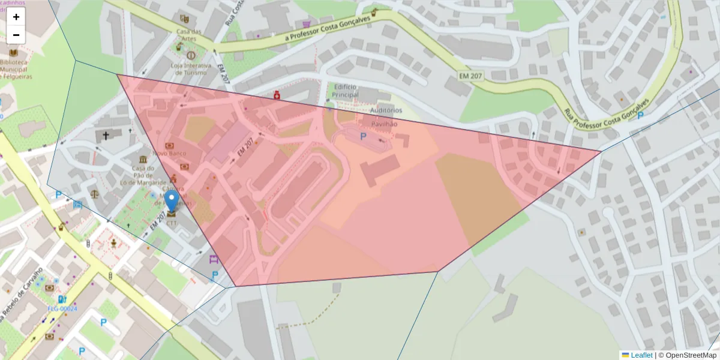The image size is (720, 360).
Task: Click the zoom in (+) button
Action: click(x=16, y=17)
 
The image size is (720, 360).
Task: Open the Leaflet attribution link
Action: click(x=641, y=355)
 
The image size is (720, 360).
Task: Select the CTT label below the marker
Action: click(x=172, y=223)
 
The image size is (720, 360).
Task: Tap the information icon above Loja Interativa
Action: click(x=191, y=55)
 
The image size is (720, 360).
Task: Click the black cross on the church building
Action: click(x=106, y=136)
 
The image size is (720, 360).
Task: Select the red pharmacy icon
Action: click(x=277, y=95)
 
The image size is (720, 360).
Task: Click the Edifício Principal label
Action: click(x=345, y=91)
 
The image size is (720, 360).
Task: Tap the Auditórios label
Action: click(x=386, y=110)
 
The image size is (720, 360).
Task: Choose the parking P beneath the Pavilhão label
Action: click(x=363, y=137)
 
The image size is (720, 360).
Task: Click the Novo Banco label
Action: click(x=169, y=154)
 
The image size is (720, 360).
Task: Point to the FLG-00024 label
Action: click(x=62, y=309)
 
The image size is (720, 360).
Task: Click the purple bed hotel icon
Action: click(x=212, y=260)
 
